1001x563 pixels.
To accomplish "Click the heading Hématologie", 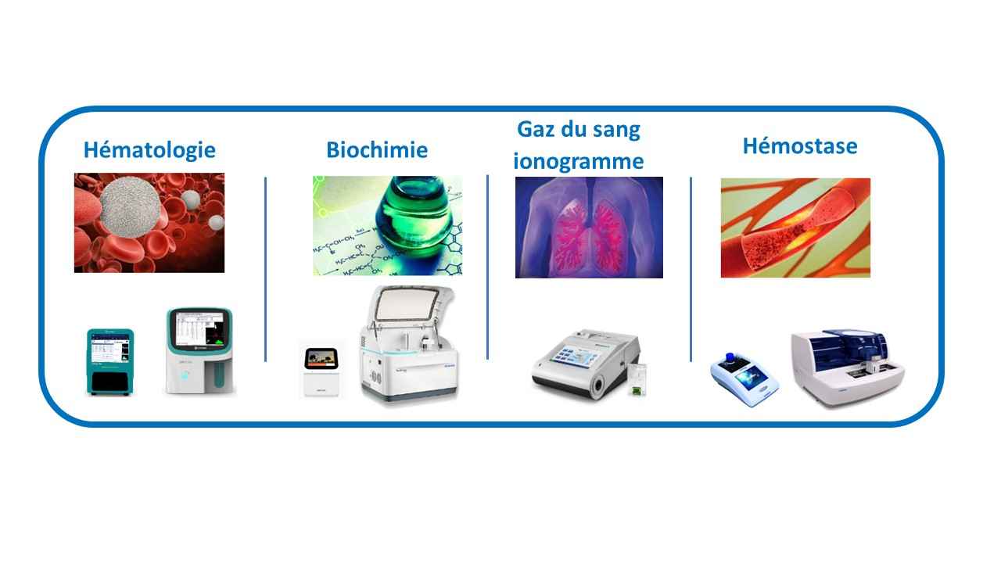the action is pyautogui.click(x=149, y=150).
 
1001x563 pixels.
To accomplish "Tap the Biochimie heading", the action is pyautogui.click(x=377, y=150).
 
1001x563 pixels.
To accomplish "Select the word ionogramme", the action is pyautogui.click(x=579, y=162).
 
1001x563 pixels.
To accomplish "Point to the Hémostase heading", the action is pyautogui.click(x=800, y=146).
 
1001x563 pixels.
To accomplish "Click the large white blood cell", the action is pyautogui.click(x=129, y=207).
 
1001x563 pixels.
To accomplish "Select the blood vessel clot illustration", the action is pyautogui.click(x=795, y=228).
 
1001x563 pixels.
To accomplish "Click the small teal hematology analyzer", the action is pyautogui.click(x=110, y=362).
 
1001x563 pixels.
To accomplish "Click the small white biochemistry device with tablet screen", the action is pyautogui.click(x=321, y=371).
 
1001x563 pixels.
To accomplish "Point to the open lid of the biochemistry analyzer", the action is pyautogui.click(x=408, y=305).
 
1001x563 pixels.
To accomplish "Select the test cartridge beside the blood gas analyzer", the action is pyautogui.click(x=637, y=379).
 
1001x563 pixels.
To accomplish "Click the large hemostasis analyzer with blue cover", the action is pyautogui.click(x=847, y=368).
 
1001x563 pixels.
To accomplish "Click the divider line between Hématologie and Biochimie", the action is pyautogui.click(x=265, y=270).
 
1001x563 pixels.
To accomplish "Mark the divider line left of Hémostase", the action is pyautogui.click(x=691, y=270).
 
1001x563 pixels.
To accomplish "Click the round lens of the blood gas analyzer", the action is pyautogui.click(x=599, y=384).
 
